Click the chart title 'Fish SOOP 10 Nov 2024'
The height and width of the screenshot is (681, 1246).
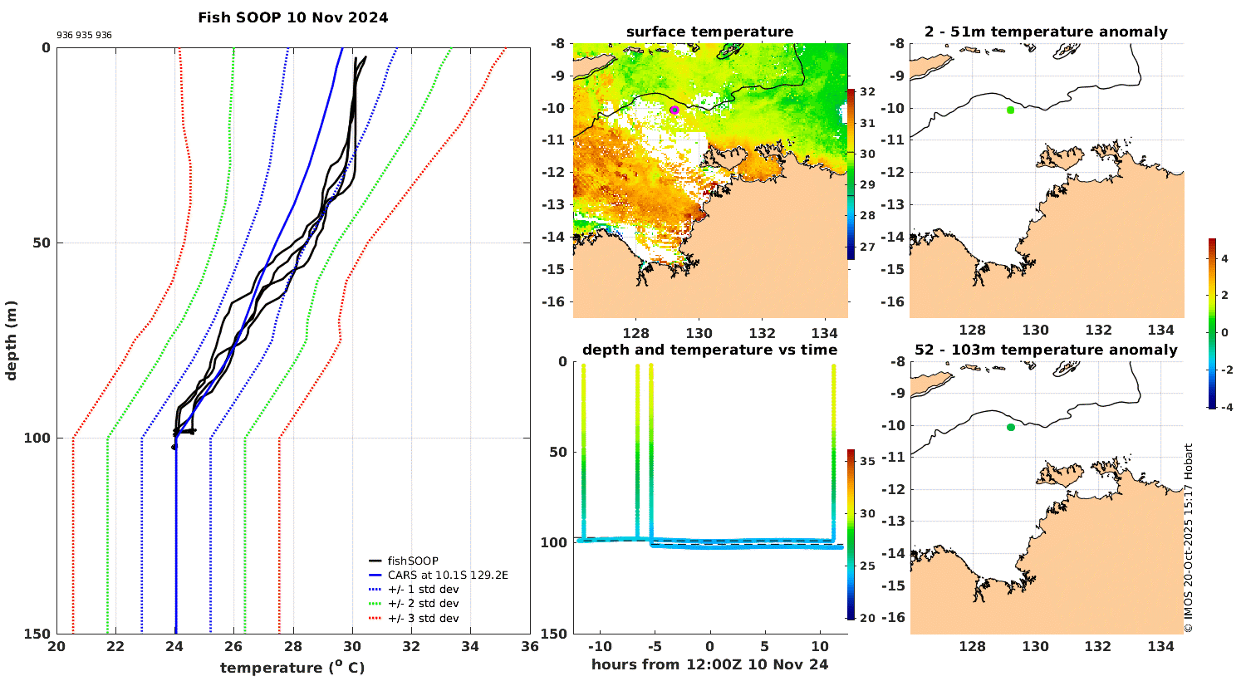(292, 17)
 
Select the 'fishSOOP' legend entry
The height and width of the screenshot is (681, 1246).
(413, 561)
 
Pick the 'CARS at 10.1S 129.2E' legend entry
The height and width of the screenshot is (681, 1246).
(447, 575)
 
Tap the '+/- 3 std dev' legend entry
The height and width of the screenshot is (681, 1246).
(423, 618)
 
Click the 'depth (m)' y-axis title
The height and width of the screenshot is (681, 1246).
(12, 340)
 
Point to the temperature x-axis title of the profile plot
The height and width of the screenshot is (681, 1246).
(292, 668)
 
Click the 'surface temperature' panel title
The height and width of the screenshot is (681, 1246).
(709, 32)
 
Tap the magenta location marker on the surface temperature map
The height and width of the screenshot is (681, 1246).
(675, 110)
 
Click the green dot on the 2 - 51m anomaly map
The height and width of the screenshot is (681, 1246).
(1010, 110)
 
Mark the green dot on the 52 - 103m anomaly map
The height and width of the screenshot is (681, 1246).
(1011, 428)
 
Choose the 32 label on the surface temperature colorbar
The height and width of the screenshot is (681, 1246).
(867, 92)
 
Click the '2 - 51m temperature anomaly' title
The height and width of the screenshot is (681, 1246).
(1046, 32)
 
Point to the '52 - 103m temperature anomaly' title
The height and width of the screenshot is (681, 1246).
(1046, 350)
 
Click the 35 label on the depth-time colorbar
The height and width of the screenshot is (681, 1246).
(867, 462)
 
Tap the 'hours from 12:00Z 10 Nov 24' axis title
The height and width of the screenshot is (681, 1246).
(709, 664)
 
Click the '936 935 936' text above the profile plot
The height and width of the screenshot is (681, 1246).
(84, 36)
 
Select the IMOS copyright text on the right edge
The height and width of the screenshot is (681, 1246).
(1189, 538)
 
